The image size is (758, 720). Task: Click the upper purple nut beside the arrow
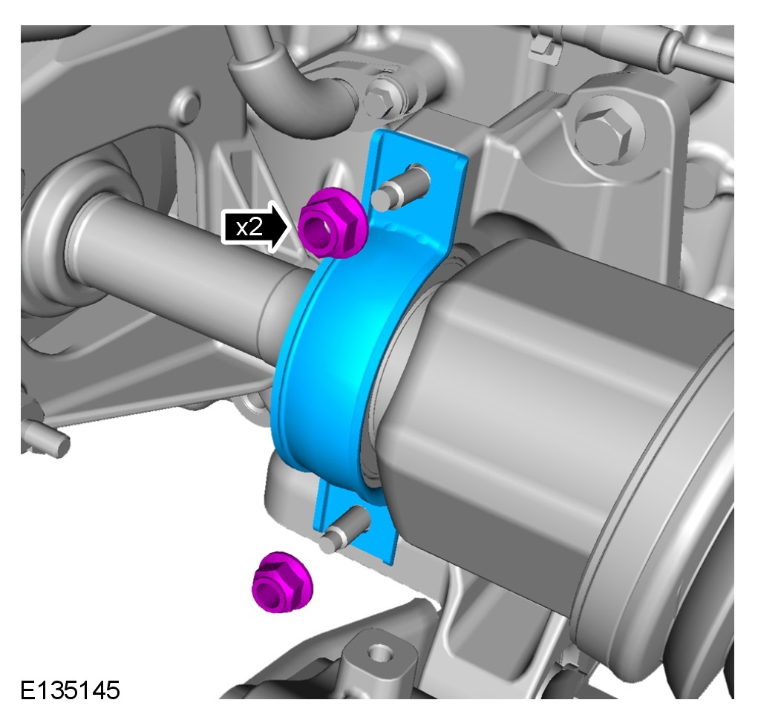332,223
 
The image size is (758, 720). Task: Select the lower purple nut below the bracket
282,581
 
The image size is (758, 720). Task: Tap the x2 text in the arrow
249,226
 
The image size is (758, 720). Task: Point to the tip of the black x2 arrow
292,226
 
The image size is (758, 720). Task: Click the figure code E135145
70,690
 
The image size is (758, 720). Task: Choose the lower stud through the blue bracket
344,529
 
